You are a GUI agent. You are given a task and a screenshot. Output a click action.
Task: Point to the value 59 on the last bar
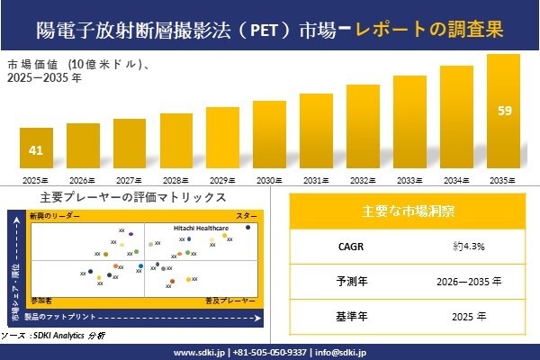point(504,111)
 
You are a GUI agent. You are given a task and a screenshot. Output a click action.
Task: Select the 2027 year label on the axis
point(130,180)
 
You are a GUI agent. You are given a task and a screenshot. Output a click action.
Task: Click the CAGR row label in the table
point(347,246)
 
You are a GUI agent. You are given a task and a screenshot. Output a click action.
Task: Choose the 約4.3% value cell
point(468,246)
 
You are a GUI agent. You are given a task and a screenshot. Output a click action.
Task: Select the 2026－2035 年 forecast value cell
point(468,282)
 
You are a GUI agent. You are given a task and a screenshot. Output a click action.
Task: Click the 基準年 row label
point(347,317)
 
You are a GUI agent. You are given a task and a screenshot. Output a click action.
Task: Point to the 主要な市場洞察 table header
point(408,211)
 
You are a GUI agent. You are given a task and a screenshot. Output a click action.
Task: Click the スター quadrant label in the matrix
point(247,217)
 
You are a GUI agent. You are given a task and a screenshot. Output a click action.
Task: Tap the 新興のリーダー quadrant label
point(55,217)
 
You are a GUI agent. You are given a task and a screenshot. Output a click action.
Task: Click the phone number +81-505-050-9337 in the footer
point(271,352)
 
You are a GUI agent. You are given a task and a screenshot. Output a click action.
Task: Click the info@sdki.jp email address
point(345,352)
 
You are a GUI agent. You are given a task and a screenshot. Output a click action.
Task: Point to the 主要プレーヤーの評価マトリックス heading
point(133,197)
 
